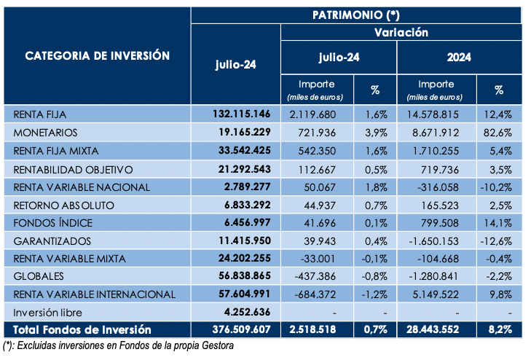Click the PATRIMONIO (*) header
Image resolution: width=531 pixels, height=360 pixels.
pyautogui.click(x=356, y=15)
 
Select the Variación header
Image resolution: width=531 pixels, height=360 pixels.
pyautogui.click(x=401, y=33)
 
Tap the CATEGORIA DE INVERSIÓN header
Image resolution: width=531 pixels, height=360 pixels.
pyautogui.click(x=97, y=55)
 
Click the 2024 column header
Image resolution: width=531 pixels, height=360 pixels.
pyautogui.click(x=459, y=58)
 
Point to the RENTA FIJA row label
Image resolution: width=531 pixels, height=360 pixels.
pyautogui.click(x=40, y=114)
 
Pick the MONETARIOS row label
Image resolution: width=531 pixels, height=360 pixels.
pyautogui.click(x=45, y=133)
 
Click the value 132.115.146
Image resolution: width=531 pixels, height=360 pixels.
pyautogui.click(x=241, y=114)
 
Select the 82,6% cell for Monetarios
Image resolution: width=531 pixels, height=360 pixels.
pyautogui.click(x=497, y=133)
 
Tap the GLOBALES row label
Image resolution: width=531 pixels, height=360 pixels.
pyautogui.click(x=39, y=276)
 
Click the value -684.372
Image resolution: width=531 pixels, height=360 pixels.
pyautogui.click(x=315, y=294)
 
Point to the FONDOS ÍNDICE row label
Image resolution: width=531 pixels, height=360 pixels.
pyautogui.click(x=53, y=223)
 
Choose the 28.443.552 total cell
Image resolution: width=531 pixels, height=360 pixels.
pyautogui.click(x=433, y=329)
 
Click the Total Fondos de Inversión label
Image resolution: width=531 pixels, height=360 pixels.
pyautogui.click(x=82, y=329)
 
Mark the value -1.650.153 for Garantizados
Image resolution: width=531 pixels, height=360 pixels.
pyautogui.click(x=433, y=241)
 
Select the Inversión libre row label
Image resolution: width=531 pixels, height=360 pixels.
pyautogui.click(x=48, y=313)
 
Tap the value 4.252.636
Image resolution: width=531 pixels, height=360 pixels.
pyautogui.click(x=247, y=312)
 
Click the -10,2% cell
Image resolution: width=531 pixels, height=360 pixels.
pyautogui.click(x=496, y=187)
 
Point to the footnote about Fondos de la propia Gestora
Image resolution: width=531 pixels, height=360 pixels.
pyautogui.click(x=118, y=345)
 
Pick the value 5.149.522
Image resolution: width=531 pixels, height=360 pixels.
pyautogui.click(x=436, y=294)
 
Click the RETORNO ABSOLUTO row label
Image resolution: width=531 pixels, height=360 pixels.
pyautogui.click(x=63, y=206)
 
